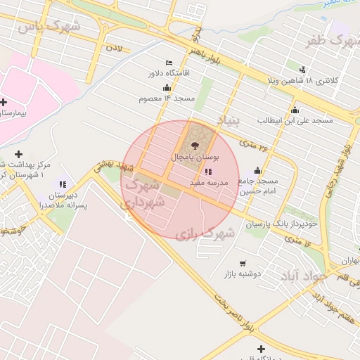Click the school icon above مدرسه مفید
point(207,171)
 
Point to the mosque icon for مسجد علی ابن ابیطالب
point(295,110)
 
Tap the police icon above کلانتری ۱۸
point(302,69)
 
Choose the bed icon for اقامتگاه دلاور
point(168,62)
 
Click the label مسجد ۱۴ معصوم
point(166,98)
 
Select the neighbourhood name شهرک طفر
point(328,41)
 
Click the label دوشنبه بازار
point(242,274)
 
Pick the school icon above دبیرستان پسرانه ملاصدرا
point(63,184)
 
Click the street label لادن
point(113,49)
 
